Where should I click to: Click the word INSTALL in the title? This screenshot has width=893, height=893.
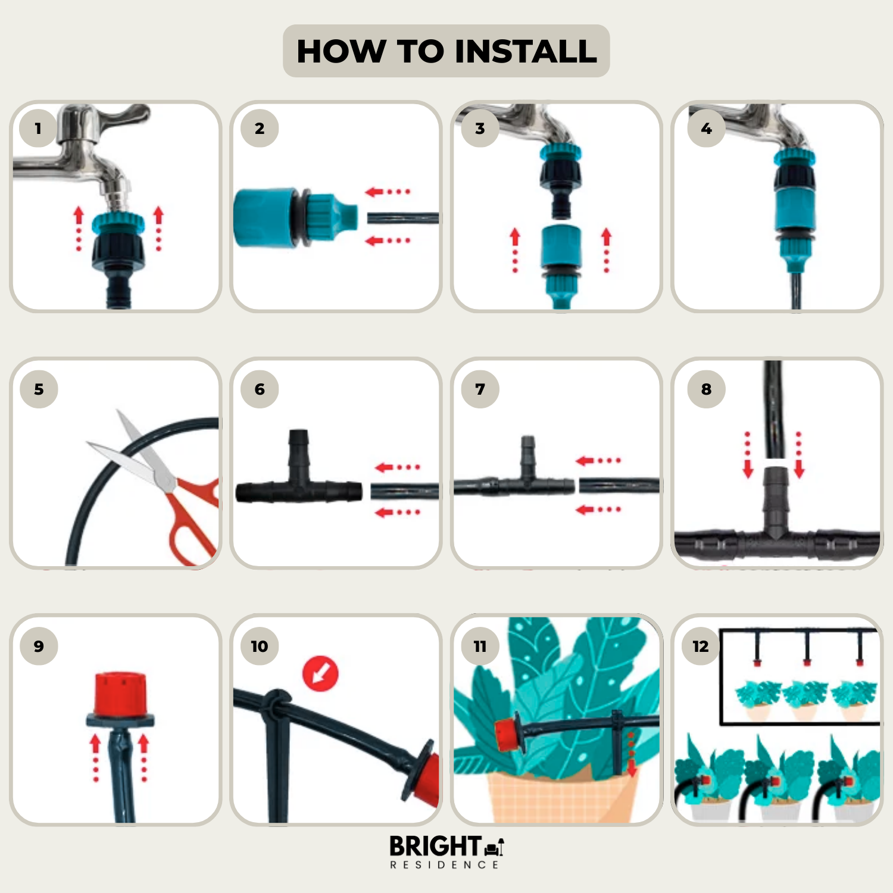[x=526, y=51]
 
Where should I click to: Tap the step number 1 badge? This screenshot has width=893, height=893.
[x=39, y=128]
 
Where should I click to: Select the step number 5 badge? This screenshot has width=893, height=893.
[x=39, y=389]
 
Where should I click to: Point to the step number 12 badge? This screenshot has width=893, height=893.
[x=701, y=646]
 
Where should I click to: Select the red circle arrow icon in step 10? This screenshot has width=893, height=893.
[x=320, y=673]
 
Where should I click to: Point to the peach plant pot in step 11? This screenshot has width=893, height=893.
[x=560, y=795]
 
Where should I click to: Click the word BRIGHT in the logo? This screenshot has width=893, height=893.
[x=435, y=846]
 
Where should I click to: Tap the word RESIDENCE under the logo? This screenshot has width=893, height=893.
[x=445, y=864]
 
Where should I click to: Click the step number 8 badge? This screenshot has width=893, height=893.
[x=706, y=389]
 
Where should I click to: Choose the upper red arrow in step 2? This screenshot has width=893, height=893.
[x=388, y=192]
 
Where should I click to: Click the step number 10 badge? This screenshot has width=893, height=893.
[x=260, y=646]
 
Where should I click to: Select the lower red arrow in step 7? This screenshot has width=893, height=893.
[x=598, y=509]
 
